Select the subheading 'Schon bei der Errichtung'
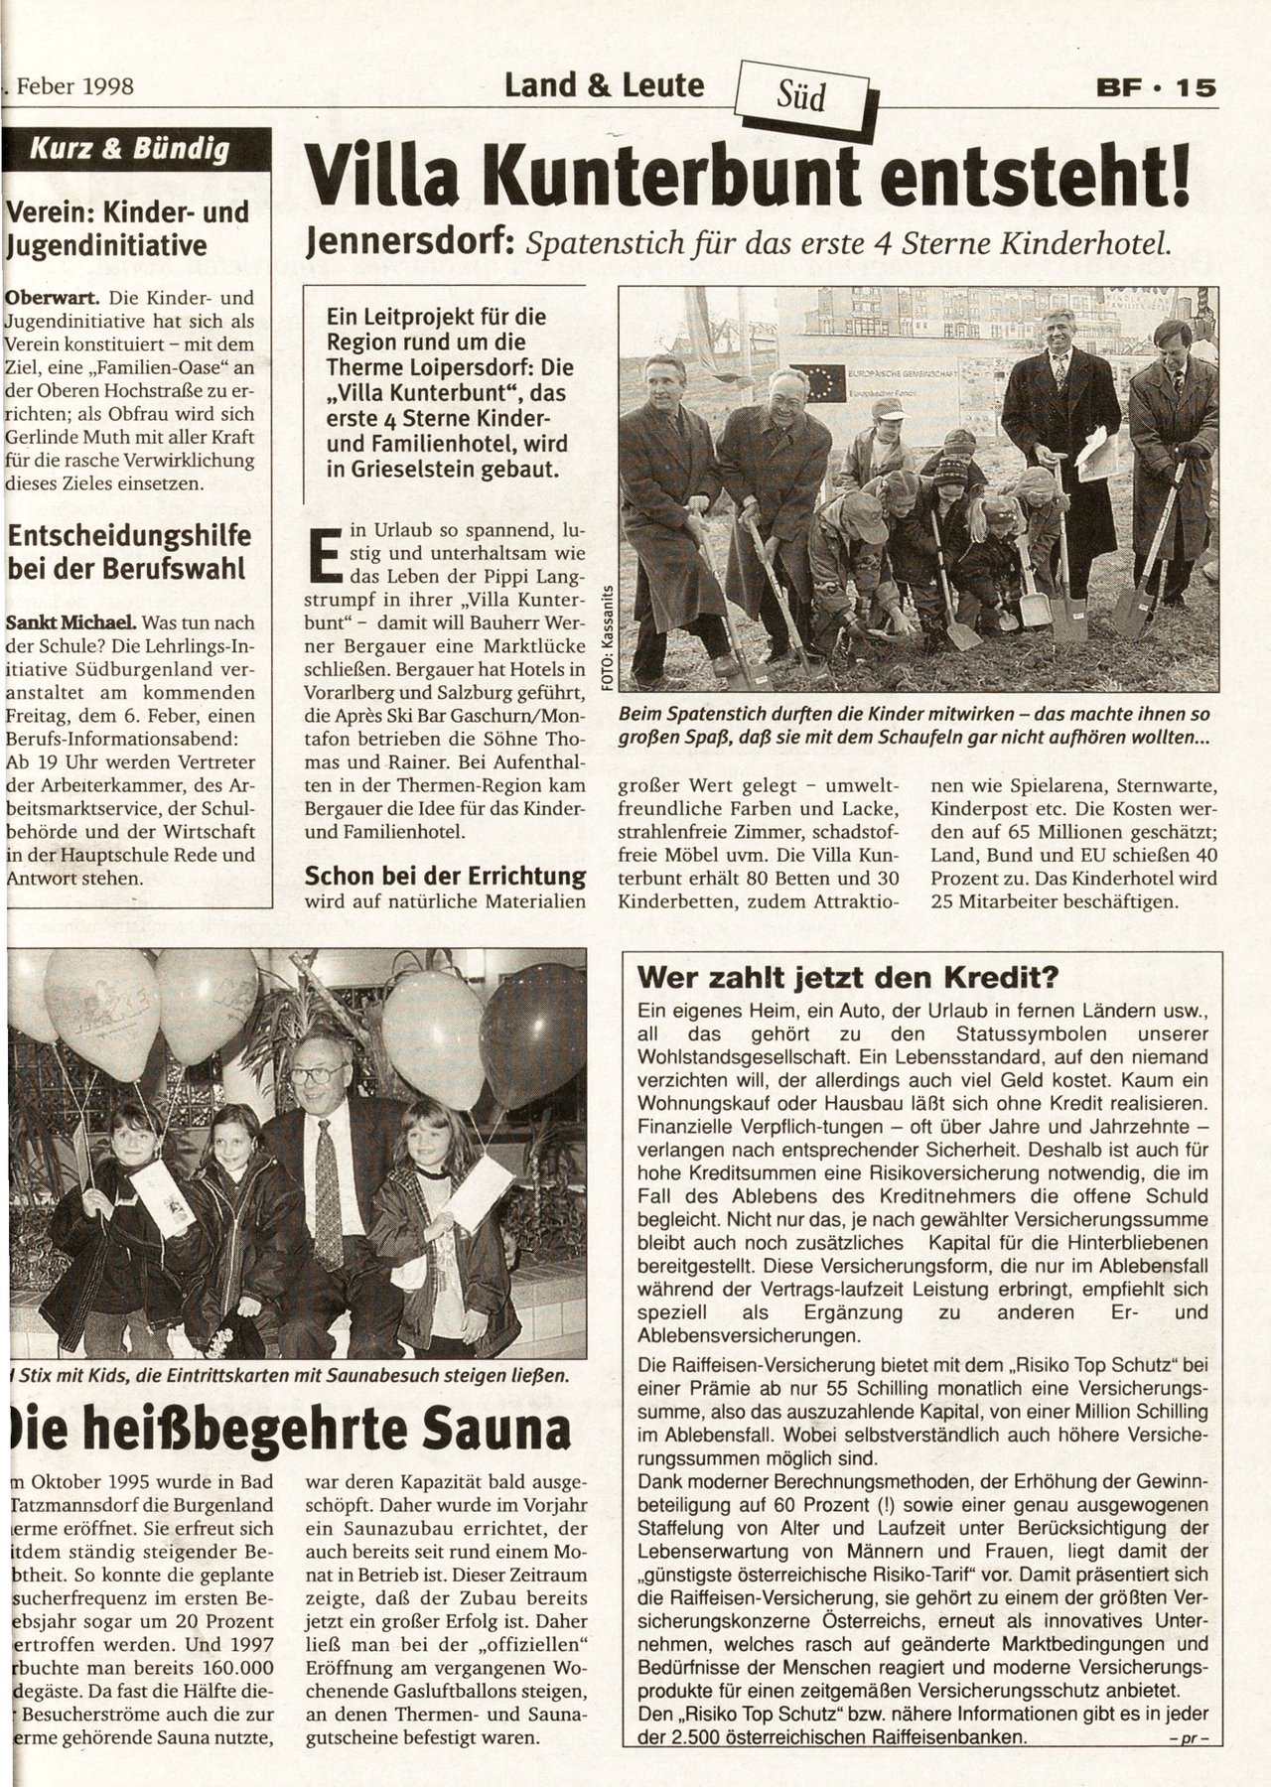tap(445, 877)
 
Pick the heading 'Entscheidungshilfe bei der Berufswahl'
tap(129, 553)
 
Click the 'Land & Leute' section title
tap(604, 86)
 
